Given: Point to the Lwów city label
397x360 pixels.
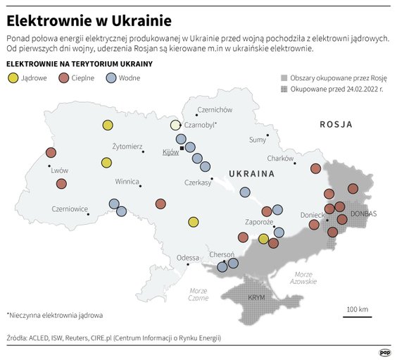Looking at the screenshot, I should (59, 170).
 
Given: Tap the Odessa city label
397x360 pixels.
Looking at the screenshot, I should (188, 258).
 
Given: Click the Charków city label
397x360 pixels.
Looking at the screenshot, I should (279, 159).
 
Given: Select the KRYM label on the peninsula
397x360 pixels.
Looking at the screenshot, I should (257, 298).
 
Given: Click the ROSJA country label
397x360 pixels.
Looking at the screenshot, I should (336, 124).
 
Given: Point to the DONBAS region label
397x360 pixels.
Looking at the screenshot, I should (364, 213).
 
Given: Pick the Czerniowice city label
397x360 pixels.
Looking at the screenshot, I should (70, 209).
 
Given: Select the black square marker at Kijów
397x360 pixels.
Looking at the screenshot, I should (182, 148).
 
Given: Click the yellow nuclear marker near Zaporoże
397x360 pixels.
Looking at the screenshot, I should (263, 239).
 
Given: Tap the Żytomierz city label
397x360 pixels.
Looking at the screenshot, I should (127, 146).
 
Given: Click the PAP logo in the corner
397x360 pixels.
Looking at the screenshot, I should (385, 352).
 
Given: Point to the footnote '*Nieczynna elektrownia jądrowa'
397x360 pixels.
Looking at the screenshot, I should (55, 315).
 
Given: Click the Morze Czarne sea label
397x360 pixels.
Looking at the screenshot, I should (198, 294).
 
